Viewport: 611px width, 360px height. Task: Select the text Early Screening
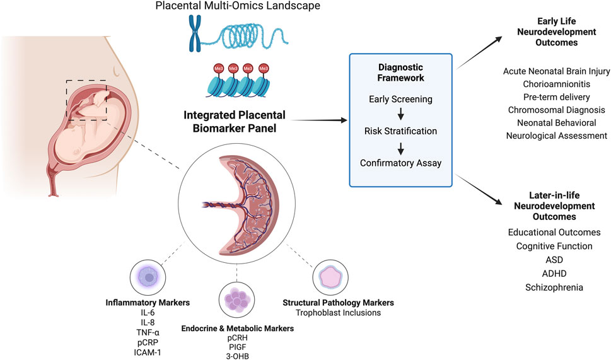click(400, 99)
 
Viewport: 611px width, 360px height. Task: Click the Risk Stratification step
click(400, 131)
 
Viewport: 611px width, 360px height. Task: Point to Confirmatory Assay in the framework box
click(400, 163)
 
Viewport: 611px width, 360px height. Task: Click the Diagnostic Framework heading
click(400, 73)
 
